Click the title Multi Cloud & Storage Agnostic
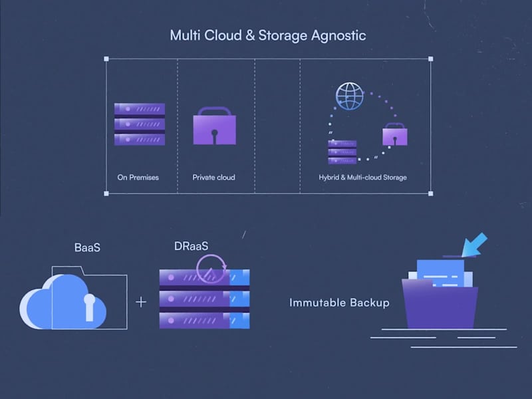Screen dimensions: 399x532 coord(267,35)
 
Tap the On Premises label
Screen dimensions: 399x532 coord(138,178)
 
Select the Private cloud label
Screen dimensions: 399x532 coord(213,178)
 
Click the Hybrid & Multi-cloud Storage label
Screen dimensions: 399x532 coord(362,178)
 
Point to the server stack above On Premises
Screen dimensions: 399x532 coord(139,124)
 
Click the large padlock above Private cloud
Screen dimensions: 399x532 coord(213,127)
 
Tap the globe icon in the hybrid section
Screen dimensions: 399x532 coord(349,96)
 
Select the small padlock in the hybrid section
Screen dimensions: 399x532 coord(394,135)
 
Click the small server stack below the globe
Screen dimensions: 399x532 coord(342,152)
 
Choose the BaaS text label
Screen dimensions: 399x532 coord(88,247)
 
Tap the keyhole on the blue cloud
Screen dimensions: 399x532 coord(89,306)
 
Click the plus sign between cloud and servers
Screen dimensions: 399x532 coord(141,302)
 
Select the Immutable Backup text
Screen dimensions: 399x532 coord(339,303)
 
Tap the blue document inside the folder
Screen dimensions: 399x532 coord(440,273)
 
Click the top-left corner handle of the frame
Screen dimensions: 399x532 coord(106,59)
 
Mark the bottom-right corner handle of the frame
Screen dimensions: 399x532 coord(430,194)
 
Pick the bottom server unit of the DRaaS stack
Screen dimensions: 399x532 coord(204,320)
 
